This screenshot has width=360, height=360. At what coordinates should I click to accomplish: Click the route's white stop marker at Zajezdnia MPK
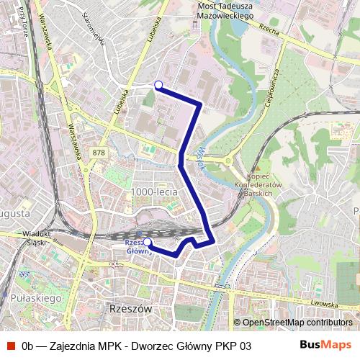click(x=158, y=85)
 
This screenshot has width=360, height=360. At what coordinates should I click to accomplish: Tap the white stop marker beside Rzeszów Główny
click(x=148, y=242)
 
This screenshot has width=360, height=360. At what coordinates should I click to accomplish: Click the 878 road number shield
click(x=99, y=153)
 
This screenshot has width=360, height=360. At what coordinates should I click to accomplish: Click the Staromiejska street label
click(x=94, y=29)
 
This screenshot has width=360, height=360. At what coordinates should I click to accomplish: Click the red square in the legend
click(x=11, y=346)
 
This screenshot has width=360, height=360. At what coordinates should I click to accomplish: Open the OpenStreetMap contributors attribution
click(x=297, y=323)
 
